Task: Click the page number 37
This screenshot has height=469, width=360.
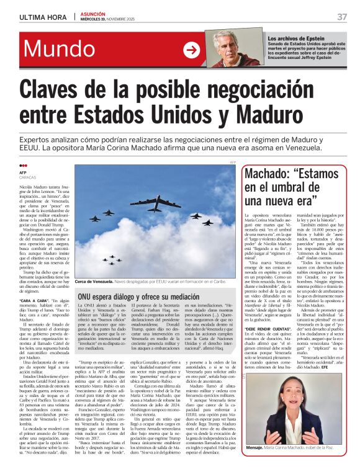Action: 341,16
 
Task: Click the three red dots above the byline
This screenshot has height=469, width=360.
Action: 24,166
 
